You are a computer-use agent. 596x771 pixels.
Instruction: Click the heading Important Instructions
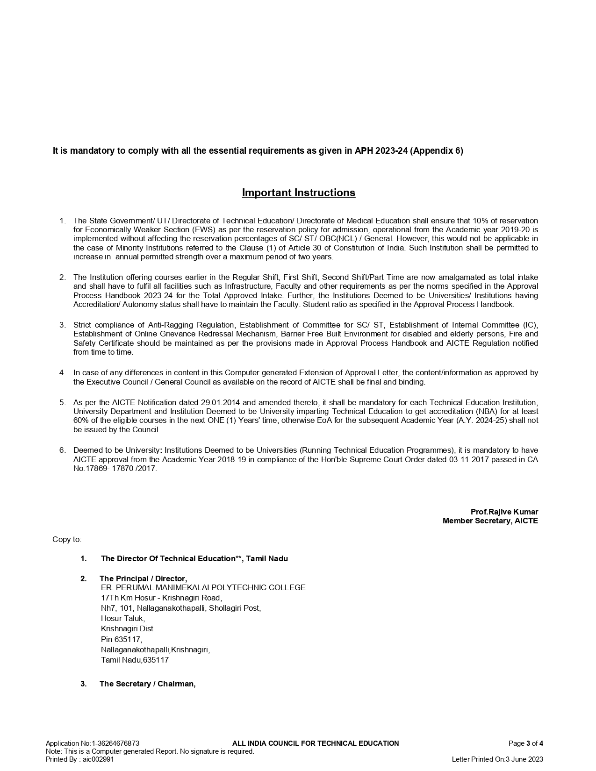tap(298, 193)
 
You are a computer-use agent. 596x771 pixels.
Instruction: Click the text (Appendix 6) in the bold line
tap(437, 151)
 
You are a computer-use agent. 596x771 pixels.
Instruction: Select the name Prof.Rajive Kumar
tap(504, 512)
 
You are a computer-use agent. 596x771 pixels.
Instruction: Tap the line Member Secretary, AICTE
tap(490, 521)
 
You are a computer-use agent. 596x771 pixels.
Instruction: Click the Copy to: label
tap(66, 540)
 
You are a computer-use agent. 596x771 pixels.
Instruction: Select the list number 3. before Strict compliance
tap(62, 325)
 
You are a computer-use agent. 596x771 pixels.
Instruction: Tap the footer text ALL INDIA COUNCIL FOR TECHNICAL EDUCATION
tap(316, 743)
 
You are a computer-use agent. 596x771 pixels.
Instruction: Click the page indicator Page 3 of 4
tap(525, 743)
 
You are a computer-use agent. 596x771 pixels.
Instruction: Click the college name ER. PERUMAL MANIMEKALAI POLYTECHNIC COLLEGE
tap(203, 587)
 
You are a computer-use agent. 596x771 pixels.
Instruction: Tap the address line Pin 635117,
tap(122, 639)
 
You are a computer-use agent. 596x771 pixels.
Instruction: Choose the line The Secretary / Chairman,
tap(147, 684)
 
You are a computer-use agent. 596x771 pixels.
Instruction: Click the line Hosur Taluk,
tap(122, 618)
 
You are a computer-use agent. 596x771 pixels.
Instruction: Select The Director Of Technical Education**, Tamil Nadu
tap(194, 558)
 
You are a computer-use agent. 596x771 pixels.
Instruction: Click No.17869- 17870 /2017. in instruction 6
tap(115, 469)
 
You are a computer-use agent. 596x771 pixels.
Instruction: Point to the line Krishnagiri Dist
tap(127, 628)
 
